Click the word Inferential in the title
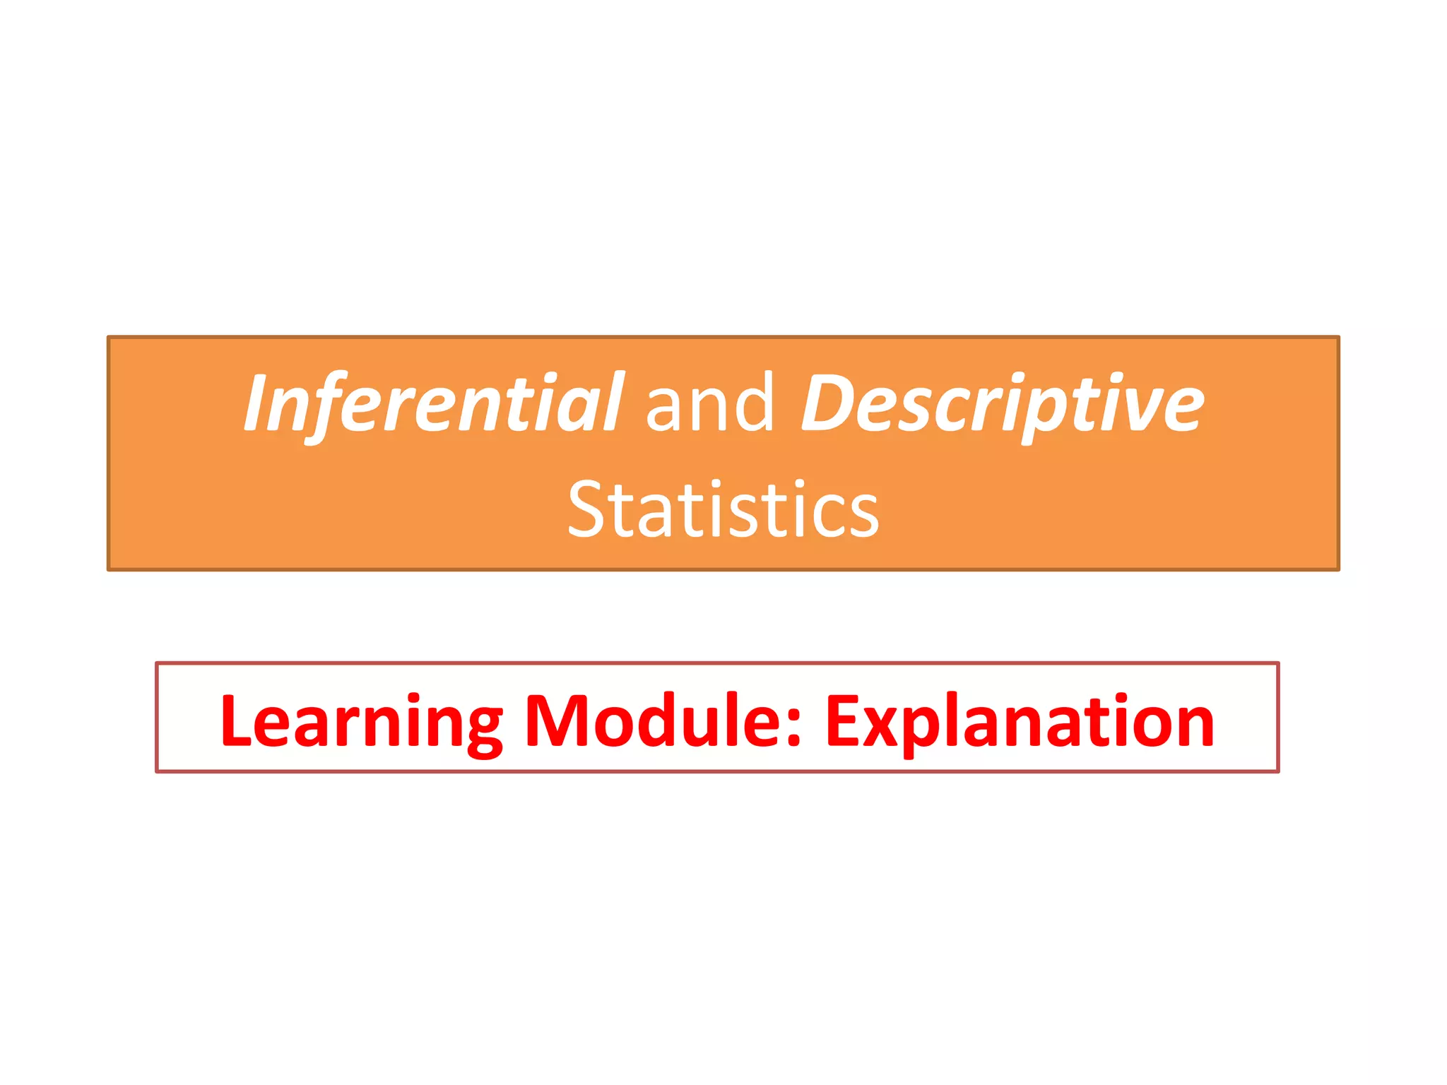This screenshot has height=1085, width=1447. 432,403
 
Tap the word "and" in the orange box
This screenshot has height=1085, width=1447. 709,403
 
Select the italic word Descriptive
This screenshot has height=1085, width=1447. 1002,403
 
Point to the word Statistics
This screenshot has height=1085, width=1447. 723,509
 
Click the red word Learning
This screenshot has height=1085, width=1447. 360,722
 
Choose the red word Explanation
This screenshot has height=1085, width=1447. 1019,722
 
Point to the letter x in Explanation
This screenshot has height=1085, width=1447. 886,728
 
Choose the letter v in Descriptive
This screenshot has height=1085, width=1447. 1140,410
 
